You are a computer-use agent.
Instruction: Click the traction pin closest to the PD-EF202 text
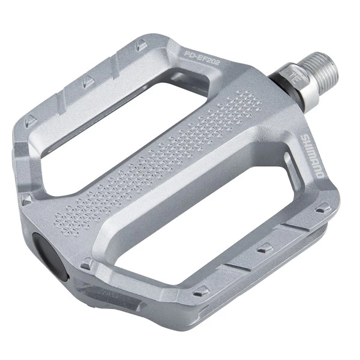139,43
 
